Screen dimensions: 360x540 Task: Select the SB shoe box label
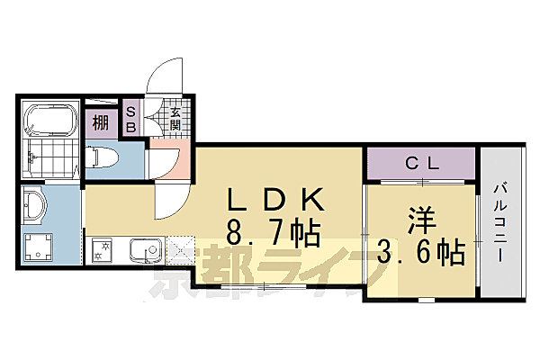tap(131, 120)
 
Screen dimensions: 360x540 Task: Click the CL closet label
tap(420, 163)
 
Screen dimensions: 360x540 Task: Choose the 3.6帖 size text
tap(420, 249)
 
